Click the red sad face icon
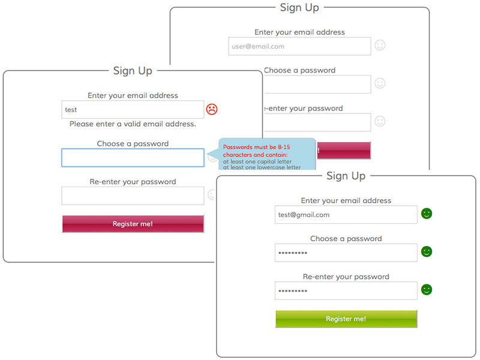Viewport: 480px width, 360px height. coord(211,109)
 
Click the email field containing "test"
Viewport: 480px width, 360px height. coord(133,110)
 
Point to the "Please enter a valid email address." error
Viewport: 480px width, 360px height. coord(133,124)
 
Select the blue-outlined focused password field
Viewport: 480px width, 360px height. coord(133,158)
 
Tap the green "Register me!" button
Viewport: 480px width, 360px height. coord(346,319)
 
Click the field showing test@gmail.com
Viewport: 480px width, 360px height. coord(346,215)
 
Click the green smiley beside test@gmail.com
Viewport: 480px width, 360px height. coord(427,214)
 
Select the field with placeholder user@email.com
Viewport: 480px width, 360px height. coord(299,46)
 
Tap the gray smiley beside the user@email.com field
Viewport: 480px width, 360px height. coord(380,45)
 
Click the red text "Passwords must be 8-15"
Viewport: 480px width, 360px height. coord(256,147)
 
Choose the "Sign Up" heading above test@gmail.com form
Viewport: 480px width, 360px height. coord(346,176)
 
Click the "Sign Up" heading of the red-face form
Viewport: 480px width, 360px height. coord(133,71)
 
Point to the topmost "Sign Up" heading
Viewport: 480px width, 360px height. coord(299,8)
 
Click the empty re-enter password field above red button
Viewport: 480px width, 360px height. coord(133,196)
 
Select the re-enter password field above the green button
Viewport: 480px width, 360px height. coord(346,291)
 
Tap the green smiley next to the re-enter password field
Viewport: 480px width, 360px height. coord(427,290)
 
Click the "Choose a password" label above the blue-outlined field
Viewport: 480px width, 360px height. coord(133,144)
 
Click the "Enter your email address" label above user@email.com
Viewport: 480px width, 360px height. coord(299,32)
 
